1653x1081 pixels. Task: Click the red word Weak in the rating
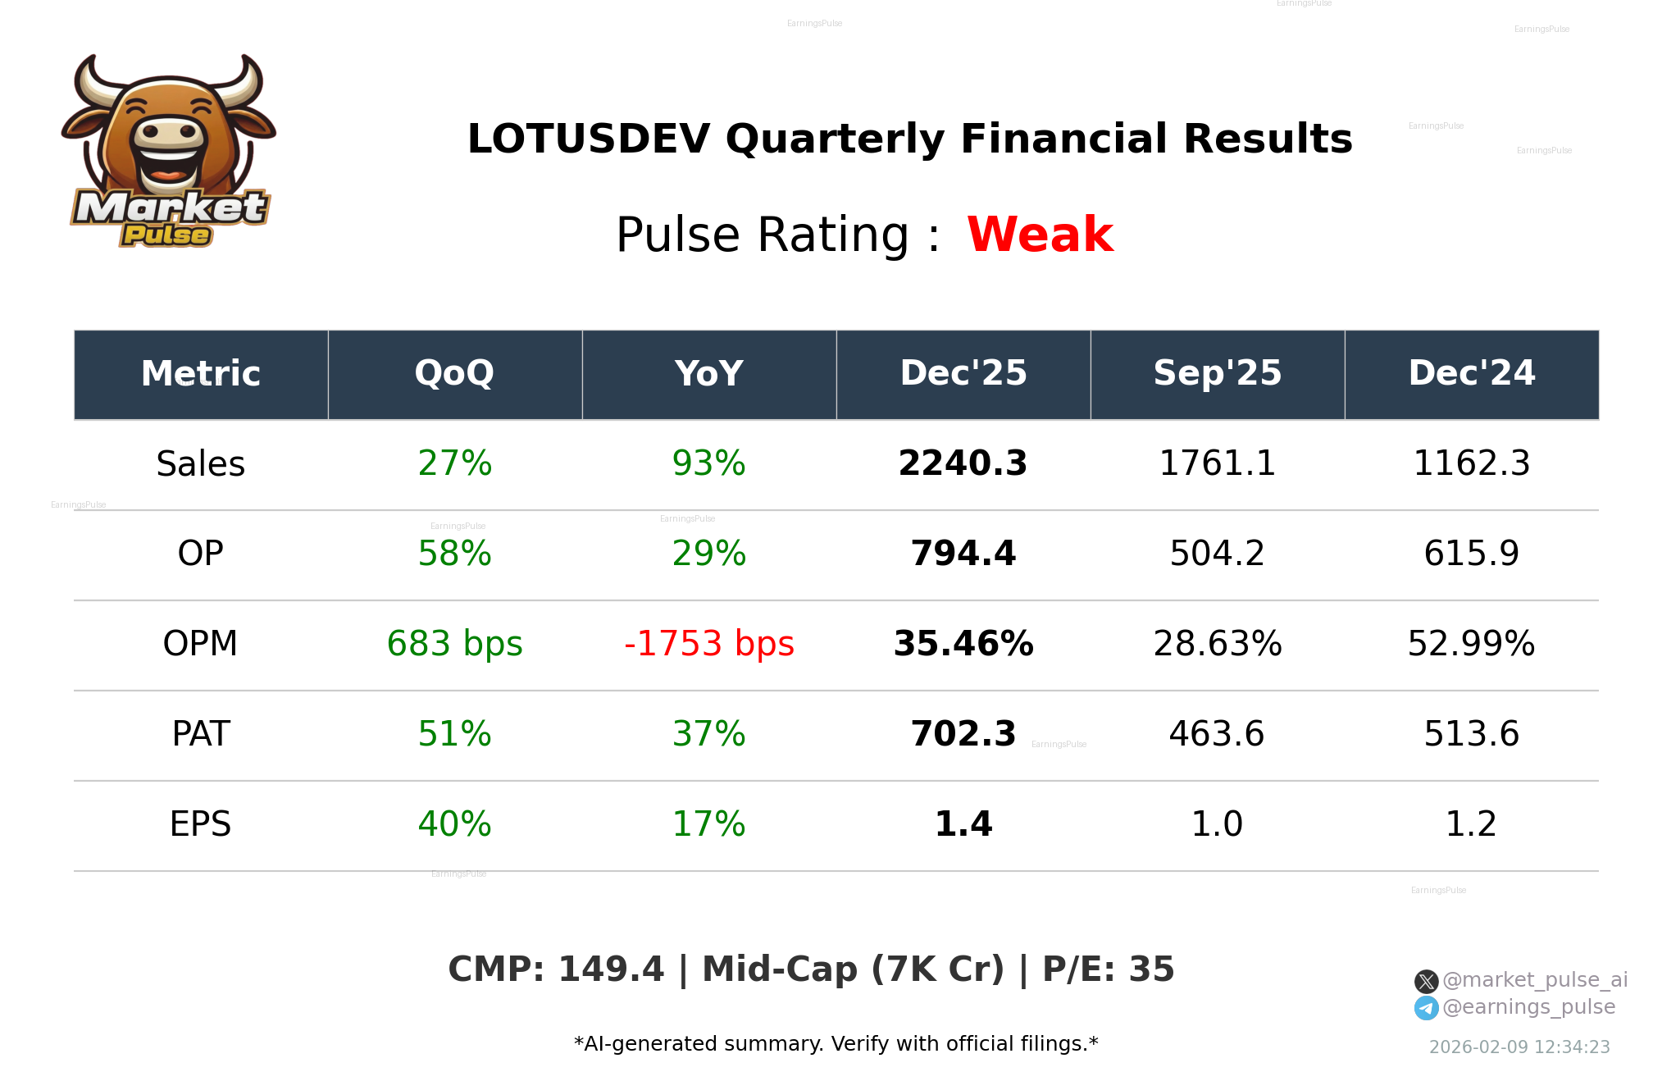pos(1040,235)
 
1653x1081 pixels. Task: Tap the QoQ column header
pos(454,374)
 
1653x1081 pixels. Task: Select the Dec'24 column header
pos(1471,374)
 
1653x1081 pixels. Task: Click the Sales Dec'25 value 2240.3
pos(963,464)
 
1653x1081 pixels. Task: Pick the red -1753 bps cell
pos(708,645)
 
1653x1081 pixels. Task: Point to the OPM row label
pos(200,645)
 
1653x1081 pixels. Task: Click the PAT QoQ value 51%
pos(454,735)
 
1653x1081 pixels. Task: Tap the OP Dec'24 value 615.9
pos(1471,554)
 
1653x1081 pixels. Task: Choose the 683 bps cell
pos(454,645)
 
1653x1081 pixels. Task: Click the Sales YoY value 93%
pos(708,464)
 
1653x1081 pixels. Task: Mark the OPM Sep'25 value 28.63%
pos(1217,645)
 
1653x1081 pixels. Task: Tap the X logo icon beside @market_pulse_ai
pos(1426,981)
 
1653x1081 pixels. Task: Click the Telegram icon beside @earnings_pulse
pos(1426,1008)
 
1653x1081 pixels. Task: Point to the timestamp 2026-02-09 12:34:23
pos(1519,1047)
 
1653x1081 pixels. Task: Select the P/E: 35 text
pos(1108,970)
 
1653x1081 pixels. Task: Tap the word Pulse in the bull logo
pos(166,235)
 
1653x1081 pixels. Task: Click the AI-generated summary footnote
pos(836,1044)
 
